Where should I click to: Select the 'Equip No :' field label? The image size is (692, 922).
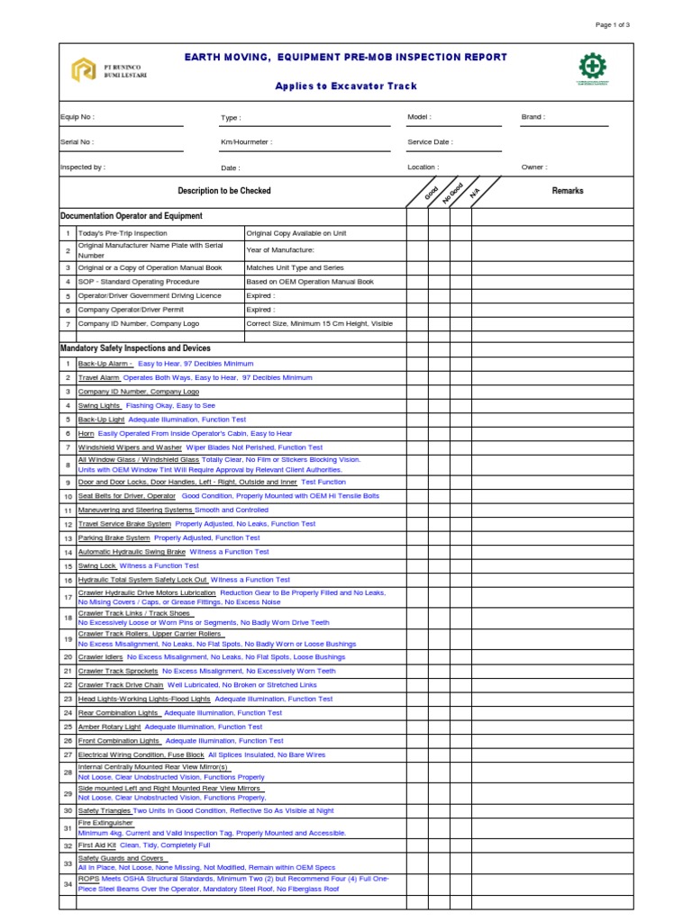pos(77,117)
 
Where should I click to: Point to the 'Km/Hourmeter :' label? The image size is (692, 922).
pos(246,142)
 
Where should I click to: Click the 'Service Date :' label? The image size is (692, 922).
pos(430,142)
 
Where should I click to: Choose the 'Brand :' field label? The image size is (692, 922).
pos(533,117)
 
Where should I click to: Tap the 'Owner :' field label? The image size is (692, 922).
pos(534,167)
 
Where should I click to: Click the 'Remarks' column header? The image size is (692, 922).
pos(568,191)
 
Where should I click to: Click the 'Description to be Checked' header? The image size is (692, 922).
pos(224,191)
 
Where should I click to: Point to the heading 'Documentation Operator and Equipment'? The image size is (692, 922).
pos(132,216)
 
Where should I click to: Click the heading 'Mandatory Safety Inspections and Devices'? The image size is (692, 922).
pos(135,348)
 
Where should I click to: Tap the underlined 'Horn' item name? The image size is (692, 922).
pos(86,433)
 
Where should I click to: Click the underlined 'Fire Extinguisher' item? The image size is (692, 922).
pos(105,822)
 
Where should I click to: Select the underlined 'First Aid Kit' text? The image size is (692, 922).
pos(97,845)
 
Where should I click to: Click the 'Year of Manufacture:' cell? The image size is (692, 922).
pos(280,249)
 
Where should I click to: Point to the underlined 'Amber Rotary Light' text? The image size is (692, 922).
pos(110,727)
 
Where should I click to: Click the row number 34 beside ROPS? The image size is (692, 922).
pos(68,883)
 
